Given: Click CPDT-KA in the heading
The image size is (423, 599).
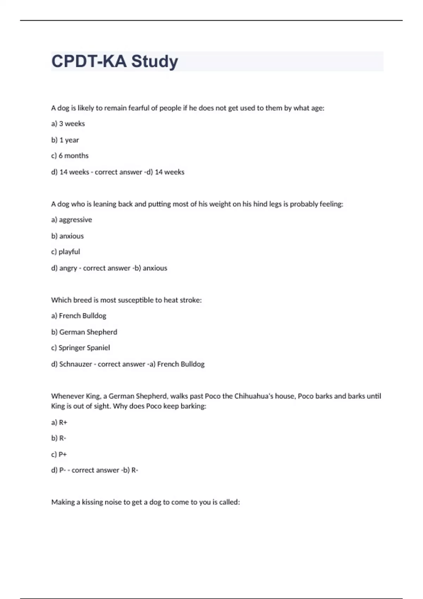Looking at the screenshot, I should [89, 61].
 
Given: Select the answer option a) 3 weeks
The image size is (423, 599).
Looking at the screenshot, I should [68, 124].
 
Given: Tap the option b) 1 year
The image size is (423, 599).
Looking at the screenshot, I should [65, 140].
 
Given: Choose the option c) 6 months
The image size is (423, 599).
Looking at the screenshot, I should [70, 156].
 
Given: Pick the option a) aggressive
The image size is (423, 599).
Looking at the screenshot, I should [72, 220].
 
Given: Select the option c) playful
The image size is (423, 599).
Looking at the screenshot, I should [66, 252].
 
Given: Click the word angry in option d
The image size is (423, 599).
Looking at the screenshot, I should [68, 268].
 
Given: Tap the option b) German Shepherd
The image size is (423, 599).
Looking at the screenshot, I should [84, 332].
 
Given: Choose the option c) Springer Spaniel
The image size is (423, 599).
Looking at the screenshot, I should [80, 348].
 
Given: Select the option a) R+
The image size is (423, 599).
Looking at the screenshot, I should [59, 422].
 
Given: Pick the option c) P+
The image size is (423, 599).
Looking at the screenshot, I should [59, 454].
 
